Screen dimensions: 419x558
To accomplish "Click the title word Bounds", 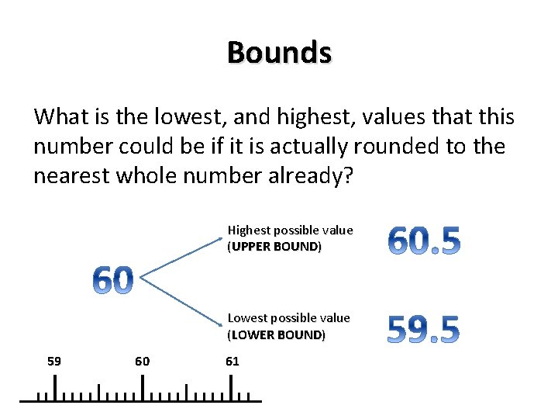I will [279, 53].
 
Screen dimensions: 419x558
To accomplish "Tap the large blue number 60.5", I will [424, 241].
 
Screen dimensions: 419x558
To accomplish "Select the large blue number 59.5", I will [423, 329].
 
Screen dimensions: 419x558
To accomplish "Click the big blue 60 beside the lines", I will [113, 280].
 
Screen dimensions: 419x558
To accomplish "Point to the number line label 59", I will [54, 361].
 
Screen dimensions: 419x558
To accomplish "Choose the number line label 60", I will [143, 361].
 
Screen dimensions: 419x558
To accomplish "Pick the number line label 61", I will [232, 361].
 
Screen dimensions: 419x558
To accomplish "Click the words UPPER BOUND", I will [274, 247].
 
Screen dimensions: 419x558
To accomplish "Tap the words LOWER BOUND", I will [277, 334].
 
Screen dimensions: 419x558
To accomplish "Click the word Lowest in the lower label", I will [245, 317].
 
